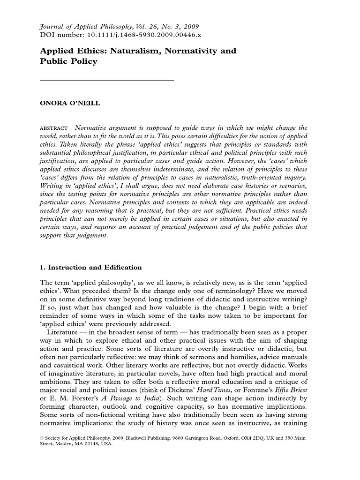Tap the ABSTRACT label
54,128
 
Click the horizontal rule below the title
107,81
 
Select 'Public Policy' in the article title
68,61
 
